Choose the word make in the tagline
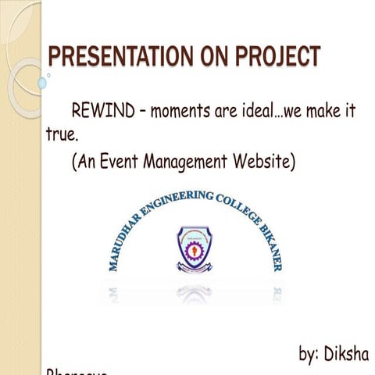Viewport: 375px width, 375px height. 332,110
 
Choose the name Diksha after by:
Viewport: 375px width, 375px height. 351,353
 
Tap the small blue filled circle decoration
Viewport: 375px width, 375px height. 42,82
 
